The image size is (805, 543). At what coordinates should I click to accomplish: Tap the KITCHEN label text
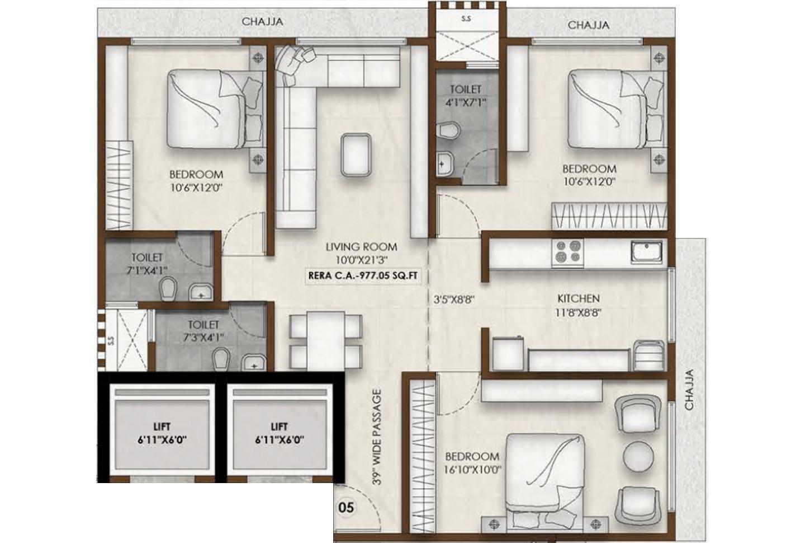pyautogui.click(x=578, y=299)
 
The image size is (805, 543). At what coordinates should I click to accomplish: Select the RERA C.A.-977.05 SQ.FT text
pyautogui.click(x=363, y=275)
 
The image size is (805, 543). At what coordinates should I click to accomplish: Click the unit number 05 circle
pyautogui.click(x=347, y=508)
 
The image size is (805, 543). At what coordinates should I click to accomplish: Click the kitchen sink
pyautogui.click(x=647, y=251)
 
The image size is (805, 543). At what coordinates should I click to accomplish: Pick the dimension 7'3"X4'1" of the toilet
pyautogui.click(x=203, y=338)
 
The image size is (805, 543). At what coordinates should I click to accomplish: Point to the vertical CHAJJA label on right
pyautogui.click(x=689, y=389)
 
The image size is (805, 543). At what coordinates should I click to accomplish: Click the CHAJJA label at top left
pyautogui.click(x=262, y=22)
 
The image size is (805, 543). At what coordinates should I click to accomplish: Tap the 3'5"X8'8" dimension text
pyautogui.click(x=454, y=299)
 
